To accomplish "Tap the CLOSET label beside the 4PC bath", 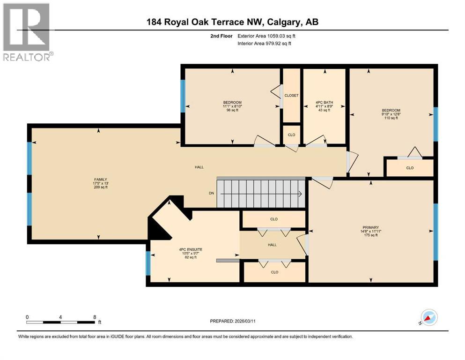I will click(292, 96).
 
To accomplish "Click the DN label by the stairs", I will click(211, 193).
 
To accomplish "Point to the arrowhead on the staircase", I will click(300, 193).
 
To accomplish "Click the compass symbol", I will click(428, 318).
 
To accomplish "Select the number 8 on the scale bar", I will click(95, 317).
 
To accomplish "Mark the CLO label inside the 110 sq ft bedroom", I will click(410, 168).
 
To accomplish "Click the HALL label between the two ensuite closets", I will click(272, 245).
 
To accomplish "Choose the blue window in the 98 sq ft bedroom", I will click(183, 96).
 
